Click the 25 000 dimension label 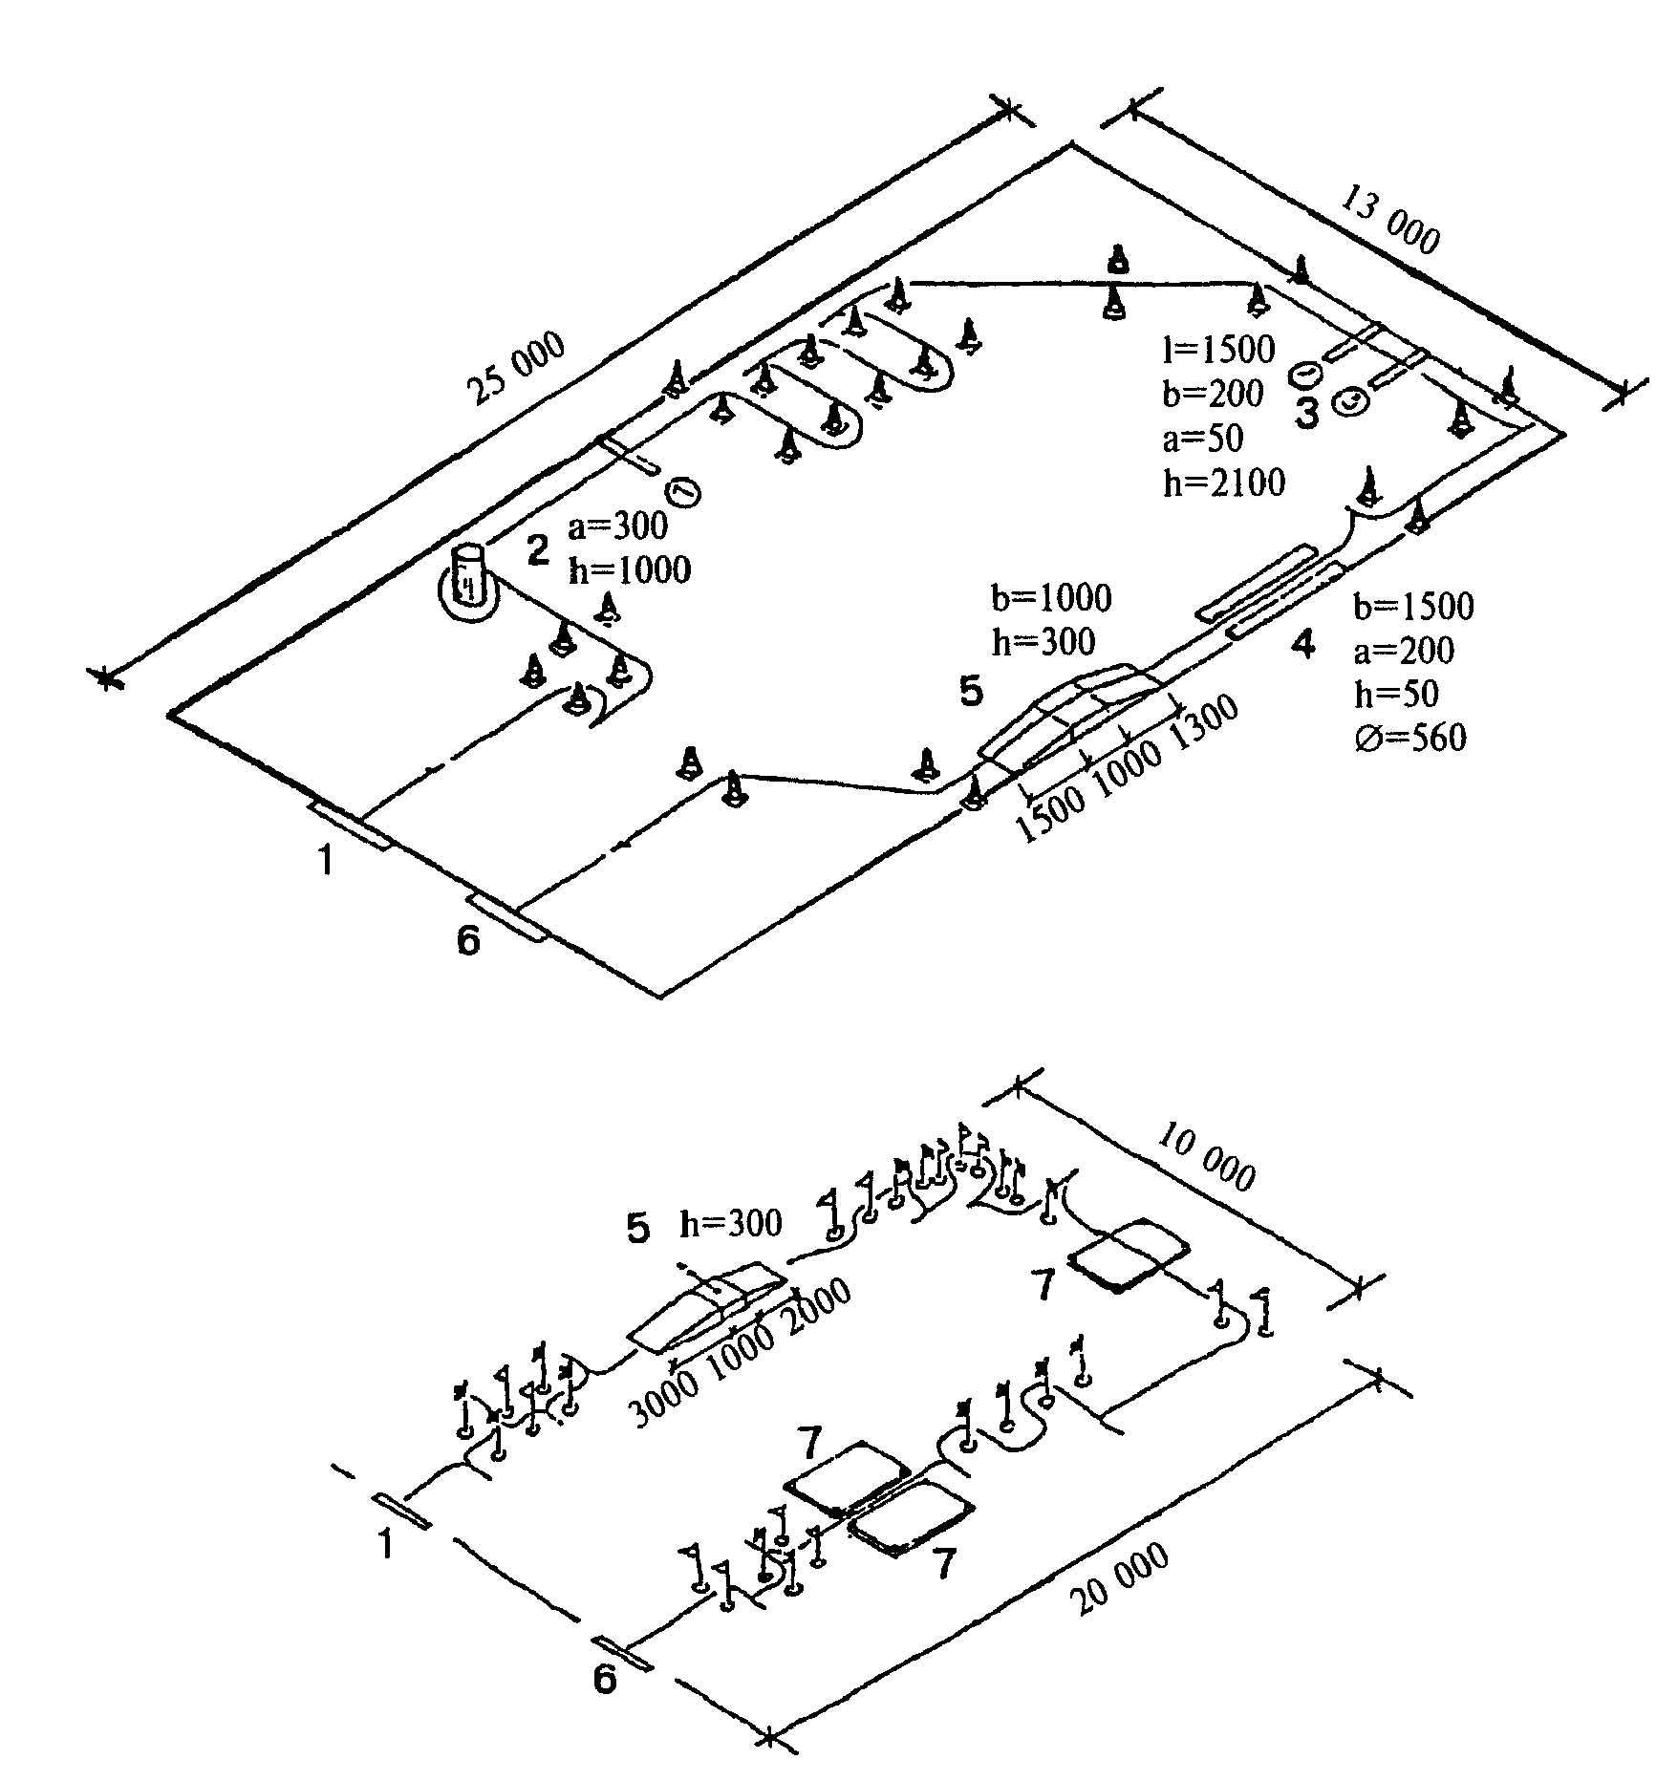point(517,370)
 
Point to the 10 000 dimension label point(1206,1157)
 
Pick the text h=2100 point(1224,483)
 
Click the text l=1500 point(1219,351)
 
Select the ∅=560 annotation point(1410,737)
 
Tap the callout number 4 point(1302,647)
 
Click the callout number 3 point(1306,415)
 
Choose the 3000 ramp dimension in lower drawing point(665,1401)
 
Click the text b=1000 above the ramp point(1052,598)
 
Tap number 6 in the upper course point(468,941)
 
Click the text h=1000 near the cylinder point(629,570)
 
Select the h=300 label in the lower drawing point(730,1222)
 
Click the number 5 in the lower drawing point(638,1229)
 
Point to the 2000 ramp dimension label point(817,1305)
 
